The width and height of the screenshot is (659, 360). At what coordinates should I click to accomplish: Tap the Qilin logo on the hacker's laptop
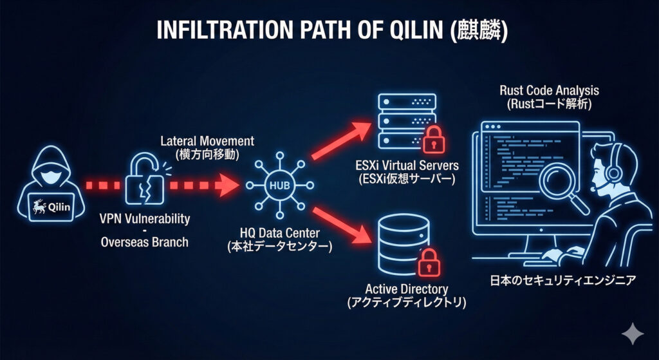[x=53, y=209]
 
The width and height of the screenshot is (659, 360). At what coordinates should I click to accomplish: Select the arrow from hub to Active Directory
[x=341, y=227]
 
